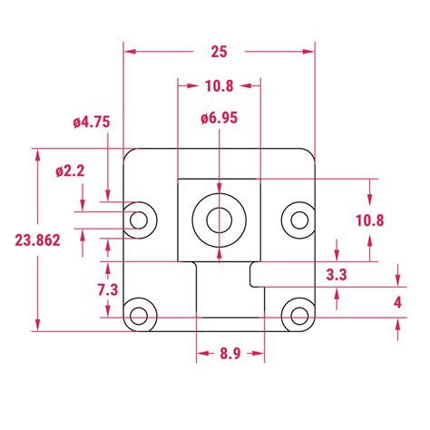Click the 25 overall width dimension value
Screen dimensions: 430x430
pos(219,52)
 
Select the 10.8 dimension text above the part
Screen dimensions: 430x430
pos(219,86)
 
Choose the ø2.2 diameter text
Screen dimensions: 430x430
pos(70,170)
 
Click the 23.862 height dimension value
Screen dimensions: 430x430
pos(37,240)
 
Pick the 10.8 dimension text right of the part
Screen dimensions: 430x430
pos(369,220)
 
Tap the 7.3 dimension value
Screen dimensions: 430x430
pos(106,289)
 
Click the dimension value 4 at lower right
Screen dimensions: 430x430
pos(398,301)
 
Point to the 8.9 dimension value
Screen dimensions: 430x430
pos(230,355)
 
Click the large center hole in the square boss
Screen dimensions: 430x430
pos(219,219)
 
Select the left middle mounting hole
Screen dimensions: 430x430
pos(139,219)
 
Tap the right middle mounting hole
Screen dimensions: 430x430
pos(298,218)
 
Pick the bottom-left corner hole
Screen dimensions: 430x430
pos(139,316)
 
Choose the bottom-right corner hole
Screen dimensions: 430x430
pos(298,316)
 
